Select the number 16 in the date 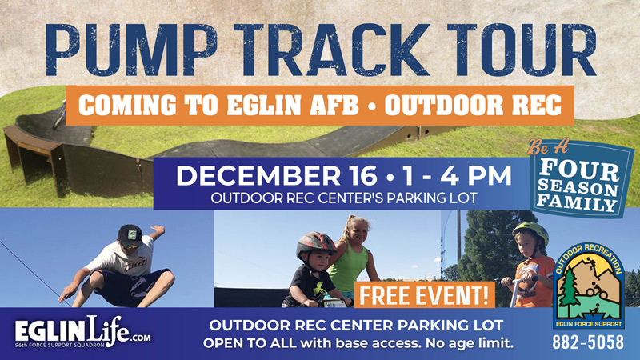361,175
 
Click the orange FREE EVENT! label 424,294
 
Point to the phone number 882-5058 588,342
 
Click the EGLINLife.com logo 82,331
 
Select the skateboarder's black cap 130,235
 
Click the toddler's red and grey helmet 315,244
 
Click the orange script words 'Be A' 548,147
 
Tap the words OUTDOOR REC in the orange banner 473,106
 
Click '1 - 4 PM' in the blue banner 457,175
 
